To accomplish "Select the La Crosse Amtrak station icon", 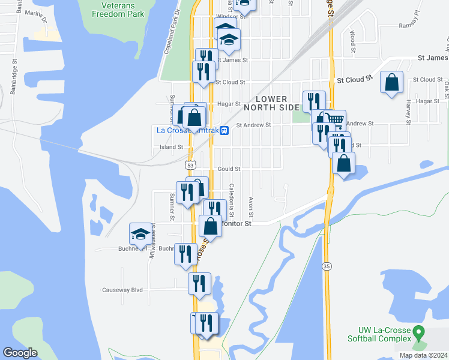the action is [x=224, y=130].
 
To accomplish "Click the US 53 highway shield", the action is [x=190, y=164].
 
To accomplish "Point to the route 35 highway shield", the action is [x=327, y=265].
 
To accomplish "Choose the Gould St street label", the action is [x=229, y=169].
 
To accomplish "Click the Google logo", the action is [x=20, y=353].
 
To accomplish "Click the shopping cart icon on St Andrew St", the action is [x=336, y=120].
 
